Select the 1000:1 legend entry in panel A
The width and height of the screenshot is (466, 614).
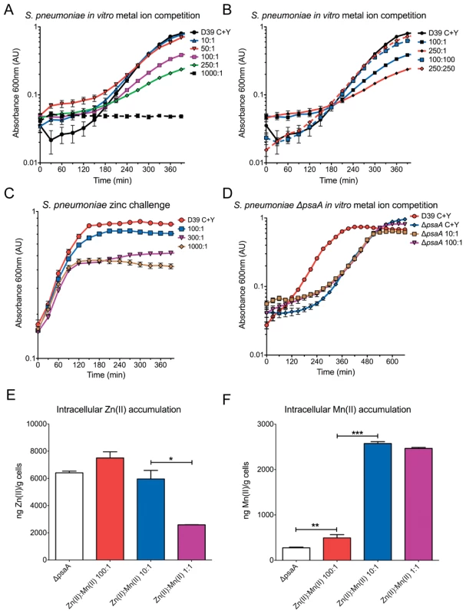click(207, 73)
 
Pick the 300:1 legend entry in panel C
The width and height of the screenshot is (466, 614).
click(196, 238)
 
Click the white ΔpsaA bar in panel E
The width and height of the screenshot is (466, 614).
click(69, 516)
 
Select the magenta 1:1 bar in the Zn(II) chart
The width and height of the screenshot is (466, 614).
click(191, 543)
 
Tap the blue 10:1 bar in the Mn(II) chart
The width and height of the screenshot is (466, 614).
click(378, 502)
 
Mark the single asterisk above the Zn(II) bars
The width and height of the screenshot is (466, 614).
click(171, 457)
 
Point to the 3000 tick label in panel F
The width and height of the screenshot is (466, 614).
click(269, 424)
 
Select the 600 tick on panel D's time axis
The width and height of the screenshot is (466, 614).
click(392, 362)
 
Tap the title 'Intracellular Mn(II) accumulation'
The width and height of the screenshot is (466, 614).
click(348, 410)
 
